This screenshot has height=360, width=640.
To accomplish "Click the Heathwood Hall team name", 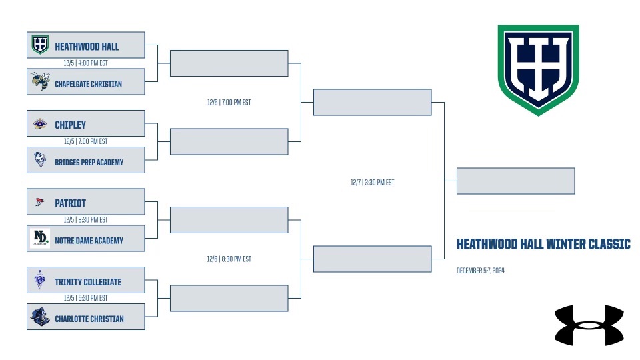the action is pos(87,47).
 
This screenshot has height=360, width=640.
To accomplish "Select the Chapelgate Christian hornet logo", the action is pos(41,81).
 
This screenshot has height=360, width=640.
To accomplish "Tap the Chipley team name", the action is pos(70,125).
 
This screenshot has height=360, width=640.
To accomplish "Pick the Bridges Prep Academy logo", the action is pos(40,159).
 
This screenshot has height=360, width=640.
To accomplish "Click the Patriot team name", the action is pos(70,203).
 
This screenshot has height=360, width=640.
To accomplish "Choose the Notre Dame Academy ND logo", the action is pos(40,238).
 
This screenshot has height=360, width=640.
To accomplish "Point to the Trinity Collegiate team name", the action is pos(88,282).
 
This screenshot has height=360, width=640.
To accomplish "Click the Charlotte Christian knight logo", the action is pos(40,317).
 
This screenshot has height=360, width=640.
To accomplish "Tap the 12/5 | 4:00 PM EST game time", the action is pos(86,63).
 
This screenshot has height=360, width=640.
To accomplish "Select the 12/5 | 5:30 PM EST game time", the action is pos(86,298).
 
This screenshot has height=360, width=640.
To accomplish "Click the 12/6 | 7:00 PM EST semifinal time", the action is pos(229,103).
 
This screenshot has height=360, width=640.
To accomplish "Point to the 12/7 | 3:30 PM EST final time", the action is pos(372,183).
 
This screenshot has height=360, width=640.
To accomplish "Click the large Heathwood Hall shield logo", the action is pos(539,70).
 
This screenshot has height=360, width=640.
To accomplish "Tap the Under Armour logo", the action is pos(589,325).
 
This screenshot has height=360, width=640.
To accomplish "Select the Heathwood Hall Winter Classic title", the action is pos(543,244).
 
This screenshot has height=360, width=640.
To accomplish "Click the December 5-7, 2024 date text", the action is pos(481,271).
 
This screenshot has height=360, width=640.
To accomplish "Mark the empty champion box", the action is pos(515,181).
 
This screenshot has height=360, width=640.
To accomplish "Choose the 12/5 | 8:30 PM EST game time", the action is pos(86,219).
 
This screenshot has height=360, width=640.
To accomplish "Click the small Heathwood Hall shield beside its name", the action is pos(40,45).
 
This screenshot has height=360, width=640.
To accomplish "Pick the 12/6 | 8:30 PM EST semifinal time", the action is pos(229,259).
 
